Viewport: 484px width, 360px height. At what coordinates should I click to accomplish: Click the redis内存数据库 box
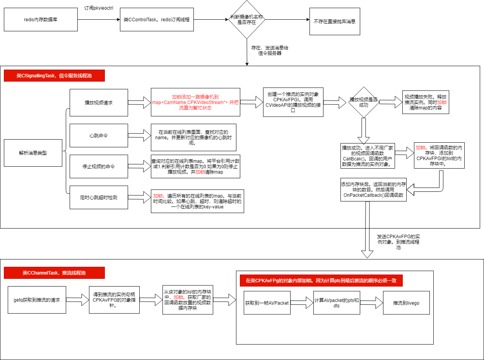tap(41, 19)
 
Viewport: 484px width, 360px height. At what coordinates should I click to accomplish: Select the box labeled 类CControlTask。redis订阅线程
tap(157, 19)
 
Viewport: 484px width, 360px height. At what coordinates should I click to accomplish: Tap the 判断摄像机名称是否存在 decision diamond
tap(246, 19)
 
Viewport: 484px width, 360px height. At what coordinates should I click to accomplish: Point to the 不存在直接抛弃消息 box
tap(335, 21)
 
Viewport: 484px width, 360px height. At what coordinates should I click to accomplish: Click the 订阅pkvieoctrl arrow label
tap(99, 8)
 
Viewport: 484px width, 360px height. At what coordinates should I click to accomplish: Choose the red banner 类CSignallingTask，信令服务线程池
tap(54, 75)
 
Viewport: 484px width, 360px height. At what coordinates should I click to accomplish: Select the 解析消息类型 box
tap(33, 153)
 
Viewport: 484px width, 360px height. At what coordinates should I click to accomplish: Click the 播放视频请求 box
tap(99, 102)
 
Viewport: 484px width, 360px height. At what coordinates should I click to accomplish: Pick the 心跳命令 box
tap(99, 135)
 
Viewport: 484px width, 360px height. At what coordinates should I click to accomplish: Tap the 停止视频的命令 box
tap(99, 167)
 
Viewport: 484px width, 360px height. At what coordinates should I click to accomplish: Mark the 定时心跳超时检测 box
tap(99, 198)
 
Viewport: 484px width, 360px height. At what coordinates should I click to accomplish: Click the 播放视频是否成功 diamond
tap(364, 102)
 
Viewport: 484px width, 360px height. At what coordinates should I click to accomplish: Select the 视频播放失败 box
tap(426, 102)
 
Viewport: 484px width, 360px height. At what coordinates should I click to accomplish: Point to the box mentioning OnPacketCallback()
tap(373, 189)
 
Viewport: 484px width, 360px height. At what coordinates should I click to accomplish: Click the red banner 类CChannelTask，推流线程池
tap(54, 273)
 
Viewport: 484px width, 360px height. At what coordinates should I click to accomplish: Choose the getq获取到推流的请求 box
tap(37, 300)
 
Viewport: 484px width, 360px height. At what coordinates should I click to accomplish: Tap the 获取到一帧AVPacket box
tap(267, 303)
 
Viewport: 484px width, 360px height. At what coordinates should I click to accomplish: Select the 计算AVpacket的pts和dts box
tap(337, 303)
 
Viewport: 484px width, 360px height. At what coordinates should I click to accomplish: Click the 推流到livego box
tap(406, 303)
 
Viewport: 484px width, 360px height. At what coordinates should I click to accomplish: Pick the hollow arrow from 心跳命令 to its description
tap(139, 135)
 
